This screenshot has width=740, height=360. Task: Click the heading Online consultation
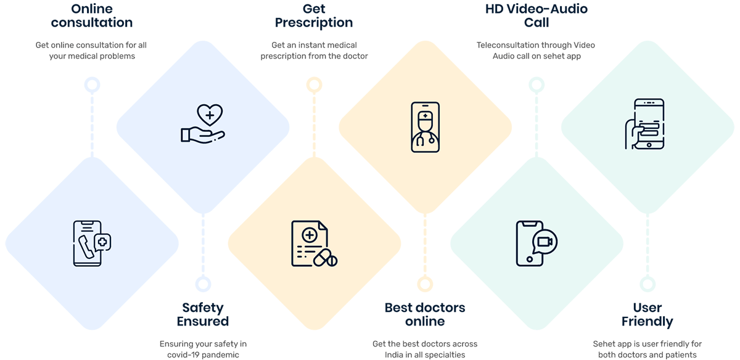point(92,16)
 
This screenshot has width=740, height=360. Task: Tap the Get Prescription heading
point(314,16)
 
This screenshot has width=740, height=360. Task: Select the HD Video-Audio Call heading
point(536,16)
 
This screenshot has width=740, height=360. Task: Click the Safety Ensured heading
point(203,314)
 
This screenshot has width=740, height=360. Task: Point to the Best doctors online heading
point(425,314)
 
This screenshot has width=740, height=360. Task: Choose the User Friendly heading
point(647,314)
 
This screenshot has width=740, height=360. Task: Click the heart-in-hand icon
point(203,123)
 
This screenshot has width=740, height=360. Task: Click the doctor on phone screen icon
point(425,126)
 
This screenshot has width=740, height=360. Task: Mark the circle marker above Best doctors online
point(425,284)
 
